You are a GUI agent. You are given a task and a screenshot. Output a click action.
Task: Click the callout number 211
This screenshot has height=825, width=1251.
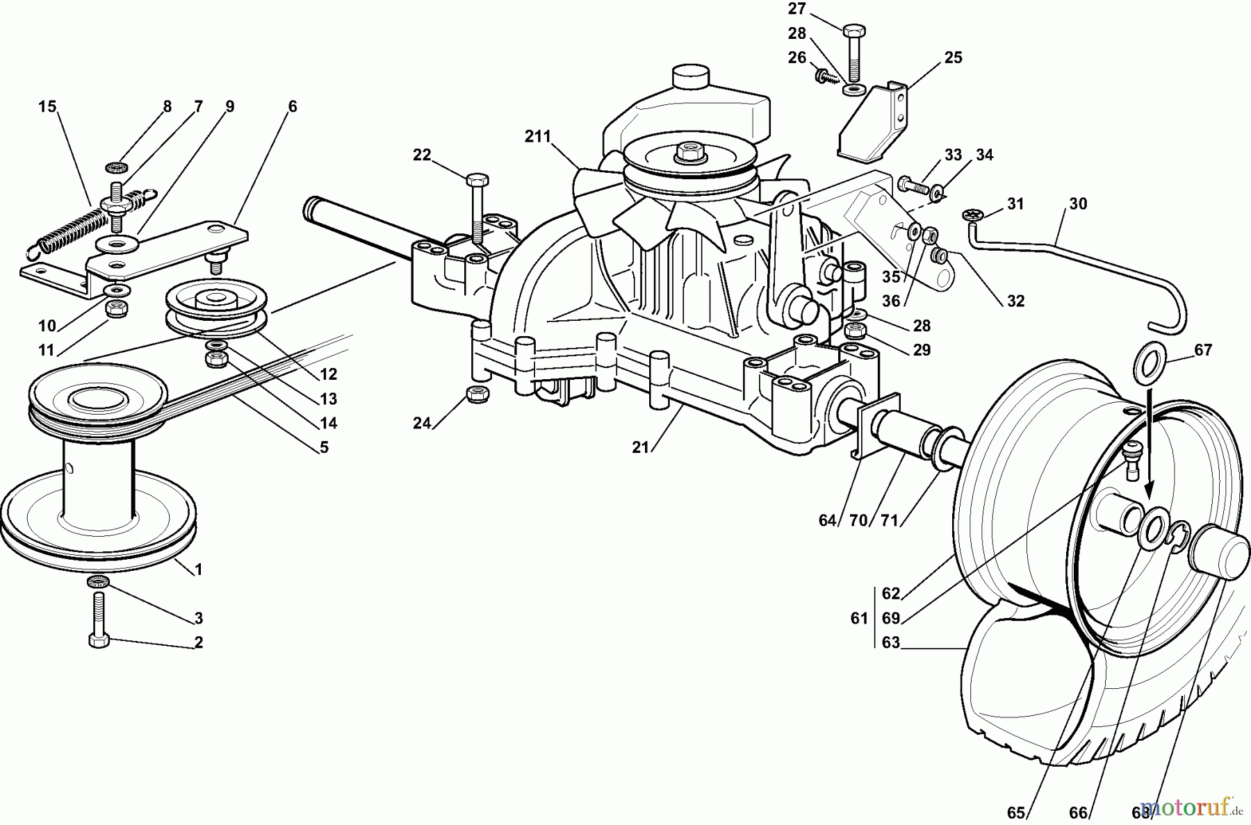[x=537, y=137]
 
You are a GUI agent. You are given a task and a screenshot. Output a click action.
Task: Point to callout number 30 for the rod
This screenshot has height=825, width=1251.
[x=1078, y=203]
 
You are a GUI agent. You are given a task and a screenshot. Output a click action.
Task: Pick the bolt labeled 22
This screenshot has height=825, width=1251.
[x=478, y=201]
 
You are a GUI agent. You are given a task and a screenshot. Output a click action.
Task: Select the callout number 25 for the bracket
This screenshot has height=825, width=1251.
[x=954, y=58]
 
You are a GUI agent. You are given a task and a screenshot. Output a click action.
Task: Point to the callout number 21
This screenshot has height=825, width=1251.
[x=640, y=448]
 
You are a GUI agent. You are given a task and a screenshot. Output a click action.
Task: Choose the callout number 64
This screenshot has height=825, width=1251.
[x=827, y=520]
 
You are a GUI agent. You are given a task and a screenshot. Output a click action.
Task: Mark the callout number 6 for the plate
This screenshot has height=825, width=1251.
[x=292, y=106]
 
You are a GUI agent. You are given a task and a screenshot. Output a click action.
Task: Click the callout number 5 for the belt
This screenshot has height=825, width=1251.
[x=324, y=448]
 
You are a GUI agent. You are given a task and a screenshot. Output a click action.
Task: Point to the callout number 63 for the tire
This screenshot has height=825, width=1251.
[x=890, y=643]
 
